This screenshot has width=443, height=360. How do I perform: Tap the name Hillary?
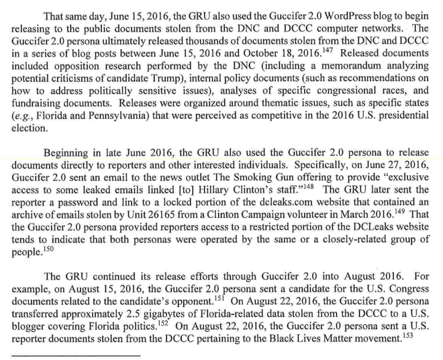tap(209, 189)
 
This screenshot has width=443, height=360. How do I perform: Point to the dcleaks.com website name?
tap(275, 201)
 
